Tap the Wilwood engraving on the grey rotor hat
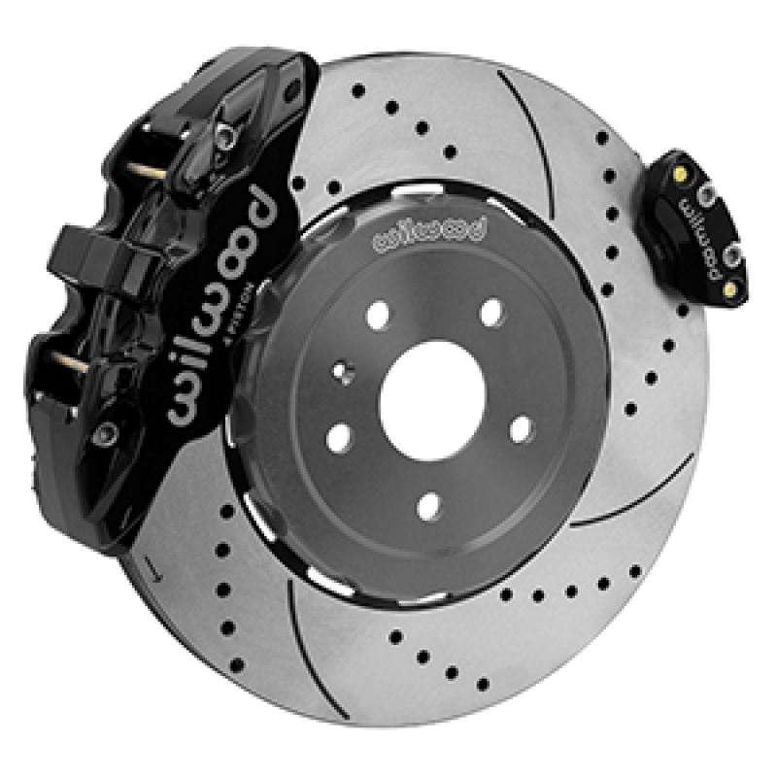pos(427,231)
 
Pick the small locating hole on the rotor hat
pos(341,370)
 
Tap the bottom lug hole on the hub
pos(427,504)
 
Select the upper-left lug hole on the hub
pos(379,314)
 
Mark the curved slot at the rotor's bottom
pos(309,631)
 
